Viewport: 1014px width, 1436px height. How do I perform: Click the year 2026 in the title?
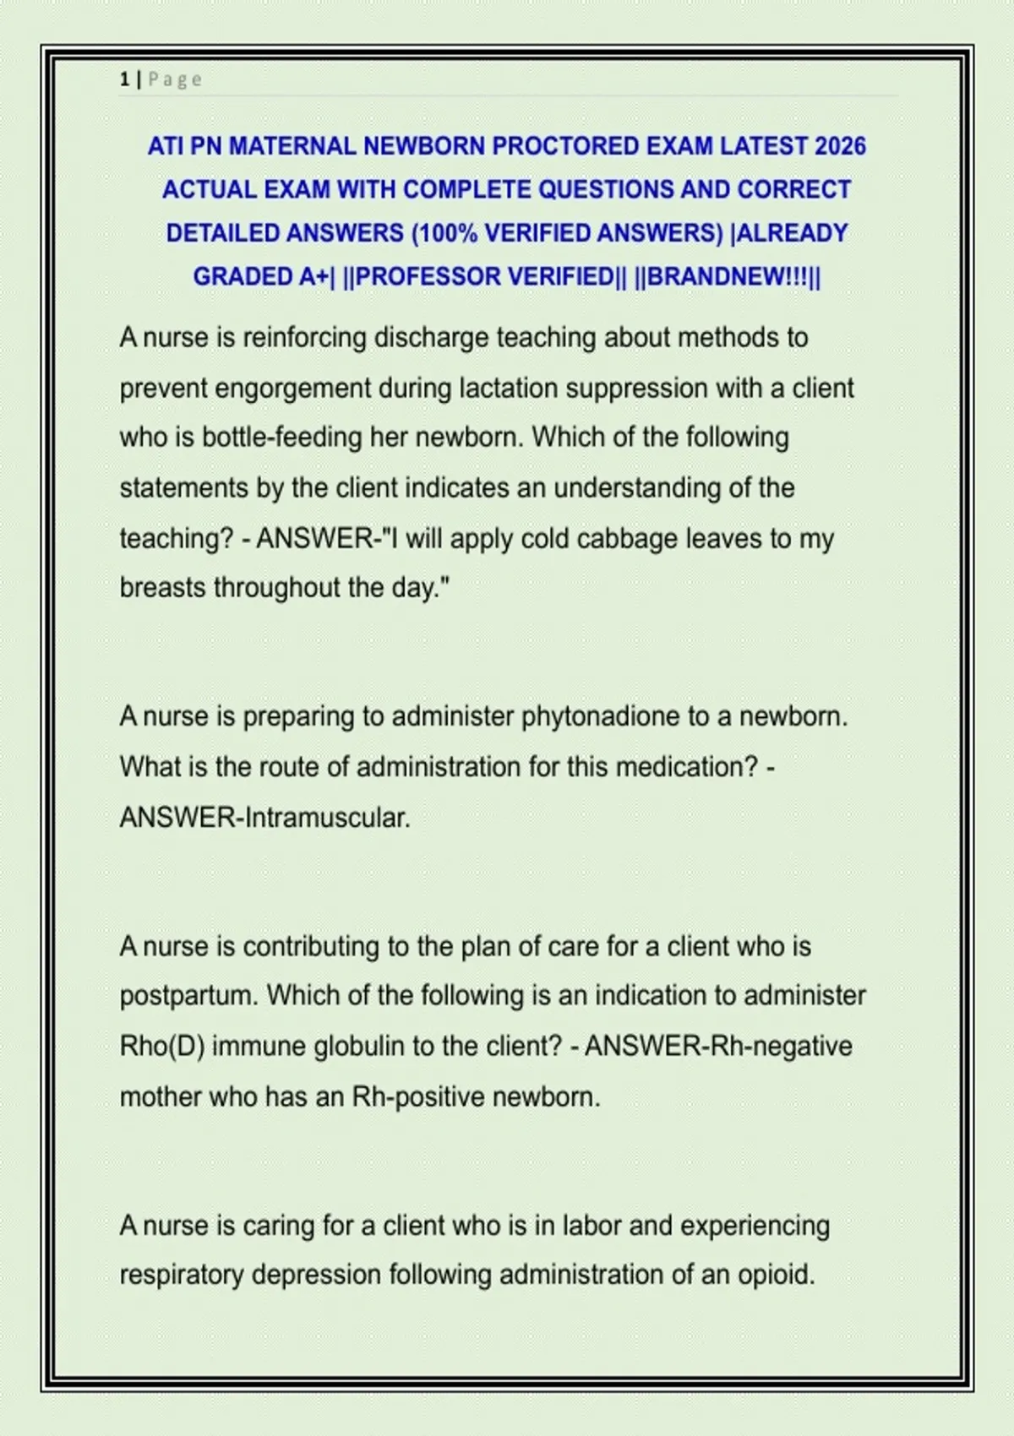(x=840, y=146)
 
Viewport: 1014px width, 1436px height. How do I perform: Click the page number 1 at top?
(x=125, y=79)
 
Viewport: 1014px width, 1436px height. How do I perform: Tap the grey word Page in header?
(x=175, y=79)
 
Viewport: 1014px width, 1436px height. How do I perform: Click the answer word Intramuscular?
(x=326, y=818)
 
